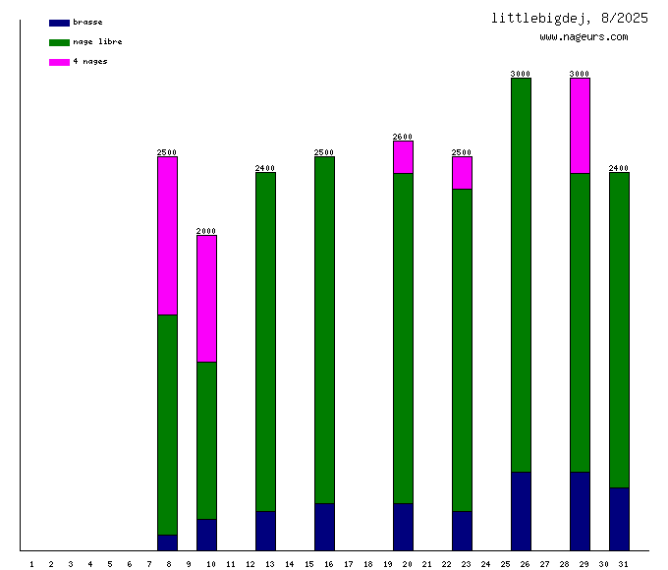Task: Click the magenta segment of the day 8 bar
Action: pos(167,236)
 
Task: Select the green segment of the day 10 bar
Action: pos(206,440)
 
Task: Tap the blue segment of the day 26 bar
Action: pos(521,511)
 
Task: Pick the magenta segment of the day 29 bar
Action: pos(580,126)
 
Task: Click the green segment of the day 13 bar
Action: pos(265,342)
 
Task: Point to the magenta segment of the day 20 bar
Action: pos(403,157)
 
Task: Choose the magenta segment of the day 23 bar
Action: pos(462,173)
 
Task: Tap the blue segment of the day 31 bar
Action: pos(619,519)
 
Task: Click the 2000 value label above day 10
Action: pos(206,231)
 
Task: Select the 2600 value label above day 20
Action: pos(403,137)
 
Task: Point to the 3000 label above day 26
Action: pos(521,74)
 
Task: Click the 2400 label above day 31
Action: pos(619,168)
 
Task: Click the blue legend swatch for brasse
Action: pos(59,23)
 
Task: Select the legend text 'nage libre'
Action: pos(97,42)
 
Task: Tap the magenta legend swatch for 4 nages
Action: pos(59,62)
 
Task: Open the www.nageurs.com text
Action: pos(584,37)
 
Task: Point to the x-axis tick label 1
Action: pos(31,563)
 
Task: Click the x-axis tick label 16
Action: pos(329,563)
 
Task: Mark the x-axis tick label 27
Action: pos(544,563)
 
